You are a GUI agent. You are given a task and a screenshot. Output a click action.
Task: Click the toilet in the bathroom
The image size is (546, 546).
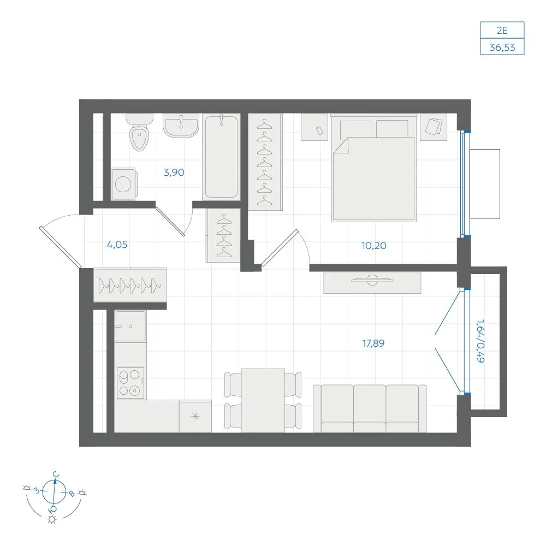point(139,132)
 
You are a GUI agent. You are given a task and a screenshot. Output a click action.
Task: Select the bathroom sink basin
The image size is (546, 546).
point(181,126)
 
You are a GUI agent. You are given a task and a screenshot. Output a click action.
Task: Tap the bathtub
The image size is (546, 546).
point(222,157)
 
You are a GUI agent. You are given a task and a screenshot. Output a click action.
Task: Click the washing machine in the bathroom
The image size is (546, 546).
point(124,184)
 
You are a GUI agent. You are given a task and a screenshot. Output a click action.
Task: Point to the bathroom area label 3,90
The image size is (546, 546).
point(174,173)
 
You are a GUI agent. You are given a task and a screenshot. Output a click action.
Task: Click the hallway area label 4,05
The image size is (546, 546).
point(117,245)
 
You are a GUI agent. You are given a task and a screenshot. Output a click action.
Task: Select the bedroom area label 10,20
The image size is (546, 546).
point(373,246)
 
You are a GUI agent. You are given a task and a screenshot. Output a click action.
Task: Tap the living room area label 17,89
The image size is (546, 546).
point(373,343)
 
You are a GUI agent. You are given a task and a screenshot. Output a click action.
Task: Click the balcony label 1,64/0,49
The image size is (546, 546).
point(480,341)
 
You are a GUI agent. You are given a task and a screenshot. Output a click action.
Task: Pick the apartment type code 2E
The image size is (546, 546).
point(502,31)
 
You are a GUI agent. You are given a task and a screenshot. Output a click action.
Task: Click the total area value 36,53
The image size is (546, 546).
point(502,47)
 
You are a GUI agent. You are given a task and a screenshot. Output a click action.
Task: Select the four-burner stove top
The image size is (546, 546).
point(130,383)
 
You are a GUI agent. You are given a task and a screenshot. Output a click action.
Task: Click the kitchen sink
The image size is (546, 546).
point(130,327)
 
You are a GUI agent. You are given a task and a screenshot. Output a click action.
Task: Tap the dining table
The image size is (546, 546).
point(263,400)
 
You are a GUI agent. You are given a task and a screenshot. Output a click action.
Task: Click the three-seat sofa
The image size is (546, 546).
point(370,408)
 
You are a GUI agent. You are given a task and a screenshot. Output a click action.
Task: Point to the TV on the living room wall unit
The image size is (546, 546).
point(372,280)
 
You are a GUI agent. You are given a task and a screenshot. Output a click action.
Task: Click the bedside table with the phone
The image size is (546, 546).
point(314,127)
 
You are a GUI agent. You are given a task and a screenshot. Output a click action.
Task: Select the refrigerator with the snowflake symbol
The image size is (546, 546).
point(195,416)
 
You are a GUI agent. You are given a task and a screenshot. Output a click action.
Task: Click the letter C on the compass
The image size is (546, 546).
point(56,474)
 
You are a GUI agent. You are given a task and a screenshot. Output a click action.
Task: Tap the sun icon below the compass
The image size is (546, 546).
point(52,520)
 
